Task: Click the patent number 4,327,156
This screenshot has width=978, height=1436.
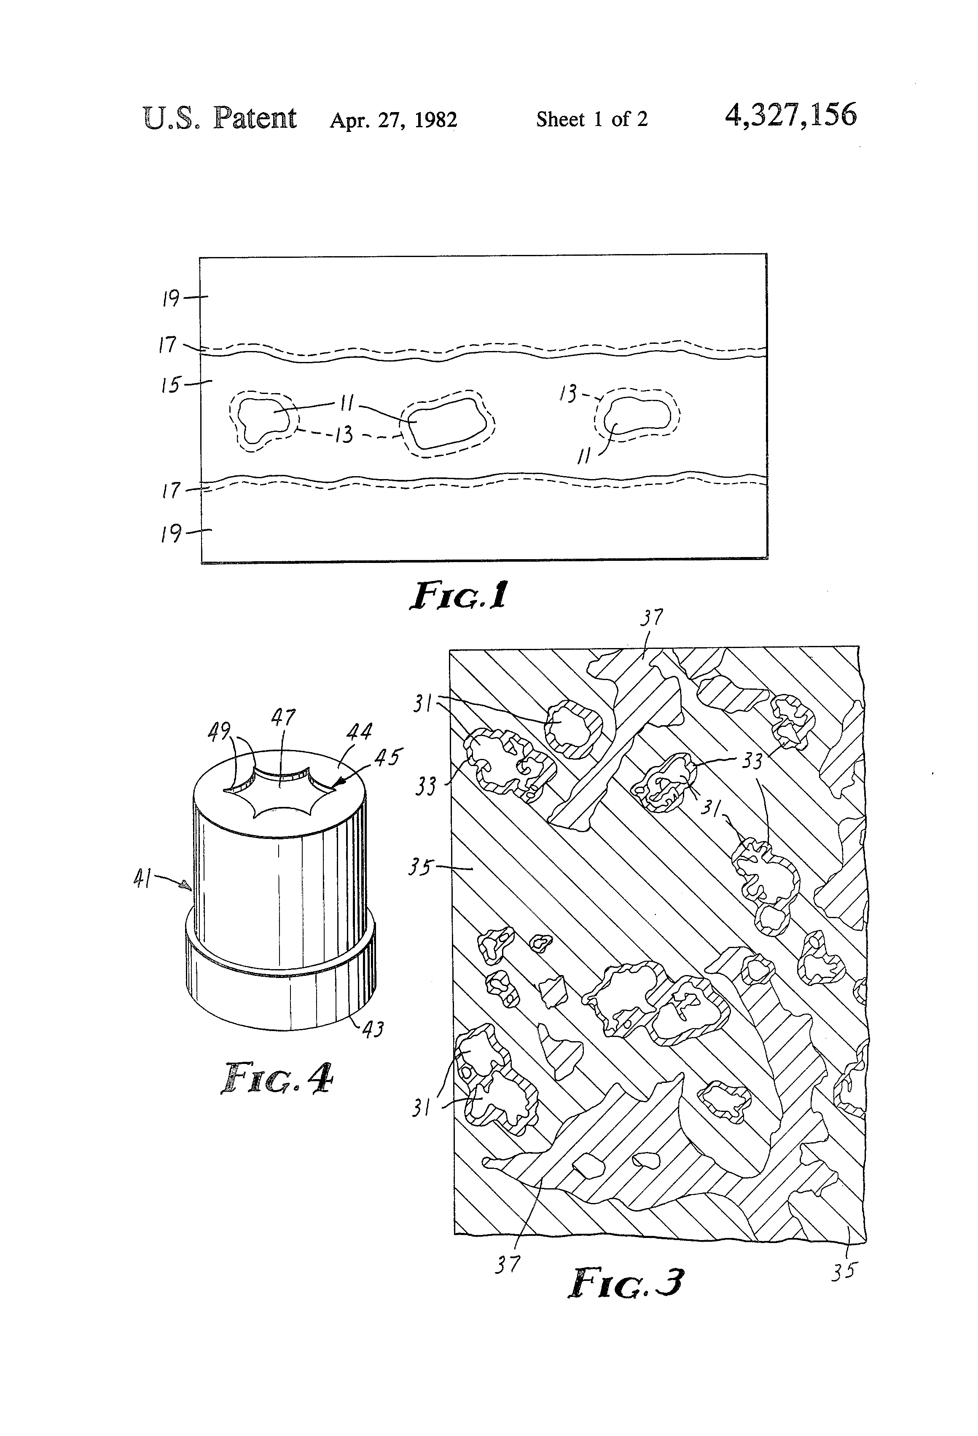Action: pos(791,115)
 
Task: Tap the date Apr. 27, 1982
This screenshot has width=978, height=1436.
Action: pos(393,119)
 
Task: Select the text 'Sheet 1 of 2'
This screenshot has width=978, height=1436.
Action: pos(591,119)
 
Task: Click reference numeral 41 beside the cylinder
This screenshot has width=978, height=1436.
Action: pos(143,879)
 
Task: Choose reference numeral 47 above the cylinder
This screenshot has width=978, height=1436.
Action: pos(283,718)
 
